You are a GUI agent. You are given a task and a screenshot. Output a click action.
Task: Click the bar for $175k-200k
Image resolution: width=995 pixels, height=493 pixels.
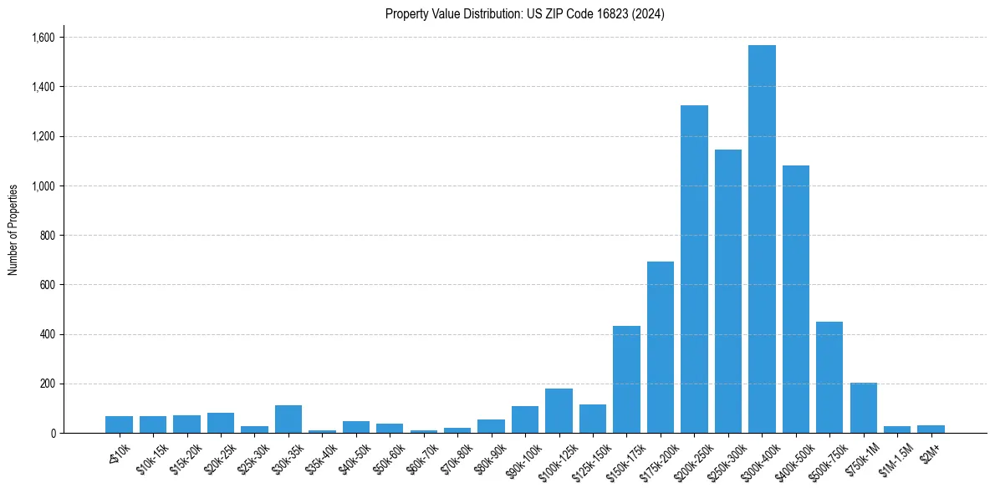[x=660, y=347]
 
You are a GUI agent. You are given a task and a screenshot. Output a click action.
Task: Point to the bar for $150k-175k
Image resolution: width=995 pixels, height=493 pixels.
[x=626, y=379]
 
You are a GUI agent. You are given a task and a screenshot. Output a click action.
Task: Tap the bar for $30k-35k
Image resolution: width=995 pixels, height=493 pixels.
[x=288, y=419]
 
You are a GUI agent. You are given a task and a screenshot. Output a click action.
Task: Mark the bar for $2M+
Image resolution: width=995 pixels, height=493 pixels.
[x=931, y=429]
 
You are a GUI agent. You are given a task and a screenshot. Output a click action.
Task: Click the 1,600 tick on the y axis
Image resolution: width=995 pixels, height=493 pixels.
[x=43, y=38]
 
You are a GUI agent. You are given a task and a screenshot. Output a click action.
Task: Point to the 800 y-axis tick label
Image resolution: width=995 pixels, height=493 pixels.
[x=47, y=236]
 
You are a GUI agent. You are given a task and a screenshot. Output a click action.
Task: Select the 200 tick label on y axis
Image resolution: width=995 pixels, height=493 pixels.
[x=47, y=384]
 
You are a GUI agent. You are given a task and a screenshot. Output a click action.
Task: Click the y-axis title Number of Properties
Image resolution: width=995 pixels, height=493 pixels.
[x=13, y=229]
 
